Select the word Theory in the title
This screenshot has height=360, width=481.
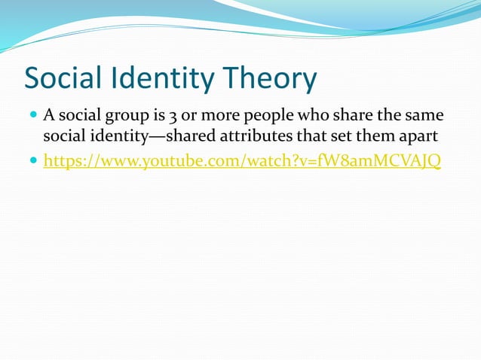268,79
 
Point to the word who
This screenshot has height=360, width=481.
315,117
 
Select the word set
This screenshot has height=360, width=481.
339,138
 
